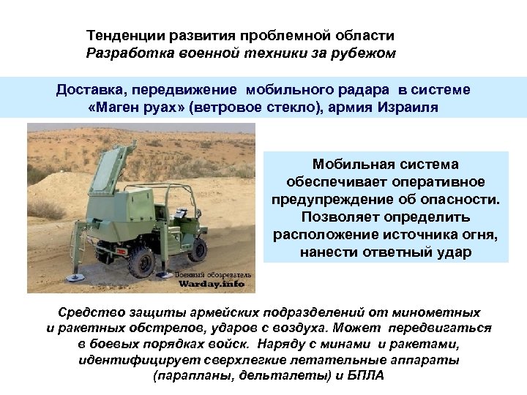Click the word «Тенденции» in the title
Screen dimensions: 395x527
[x=119, y=35]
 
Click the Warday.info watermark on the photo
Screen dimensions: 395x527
[x=213, y=283]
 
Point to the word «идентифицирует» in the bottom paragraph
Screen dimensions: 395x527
[x=132, y=360]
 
